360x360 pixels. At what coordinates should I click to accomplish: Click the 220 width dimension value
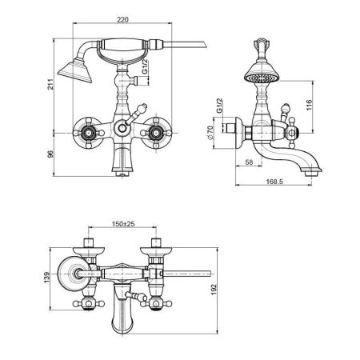pos(122,19)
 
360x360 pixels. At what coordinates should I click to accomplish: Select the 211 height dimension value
pos(50,84)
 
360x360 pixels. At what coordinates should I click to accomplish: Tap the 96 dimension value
pos(50,154)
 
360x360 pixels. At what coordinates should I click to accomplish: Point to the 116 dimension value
pos(309,105)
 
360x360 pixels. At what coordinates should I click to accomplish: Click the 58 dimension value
pos(249,162)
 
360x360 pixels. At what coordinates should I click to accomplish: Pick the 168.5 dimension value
pos(274,182)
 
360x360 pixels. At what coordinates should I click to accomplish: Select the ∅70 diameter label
pos(210,133)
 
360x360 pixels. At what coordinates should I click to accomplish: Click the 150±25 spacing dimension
pos(123,224)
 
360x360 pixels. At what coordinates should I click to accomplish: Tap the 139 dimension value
pos(46,278)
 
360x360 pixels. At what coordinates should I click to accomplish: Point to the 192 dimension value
pos(214,290)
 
